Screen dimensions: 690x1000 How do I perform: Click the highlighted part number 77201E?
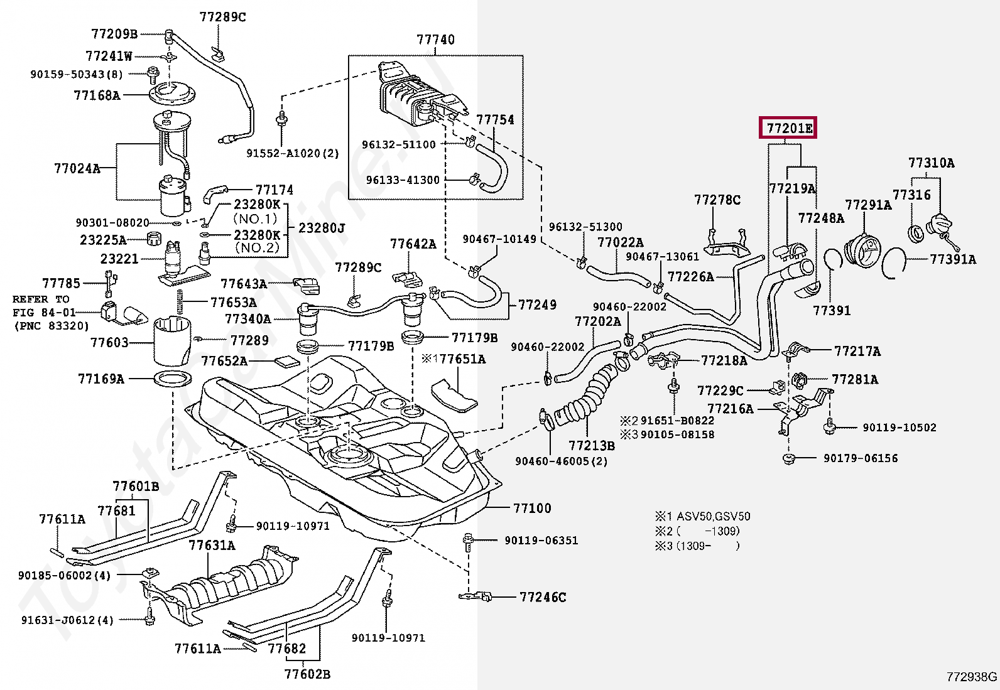[x=788, y=129]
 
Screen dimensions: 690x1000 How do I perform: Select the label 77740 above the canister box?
[x=435, y=40]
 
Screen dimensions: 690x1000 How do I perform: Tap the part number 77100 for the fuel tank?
[x=531, y=508]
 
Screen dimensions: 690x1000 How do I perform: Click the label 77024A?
[x=77, y=168]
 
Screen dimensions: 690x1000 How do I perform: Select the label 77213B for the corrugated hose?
[x=592, y=446]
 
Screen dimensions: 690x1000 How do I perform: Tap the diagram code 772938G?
[x=971, y=676]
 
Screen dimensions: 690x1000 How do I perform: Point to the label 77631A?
[x=212, y=545]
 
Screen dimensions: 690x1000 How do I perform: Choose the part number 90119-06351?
[x=540, y=540]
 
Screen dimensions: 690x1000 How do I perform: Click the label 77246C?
[x=543, y=597]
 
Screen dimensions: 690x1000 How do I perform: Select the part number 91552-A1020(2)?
[x=292, y=153]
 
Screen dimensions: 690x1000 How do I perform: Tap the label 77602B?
[x=307, y=674]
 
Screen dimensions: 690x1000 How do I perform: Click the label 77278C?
[x=717, y=200]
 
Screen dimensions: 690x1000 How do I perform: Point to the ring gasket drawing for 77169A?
[x=172, y=379]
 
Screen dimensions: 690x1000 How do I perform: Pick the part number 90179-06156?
[x=861, y=458]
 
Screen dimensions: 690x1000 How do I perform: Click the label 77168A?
[x=96, y=95]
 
